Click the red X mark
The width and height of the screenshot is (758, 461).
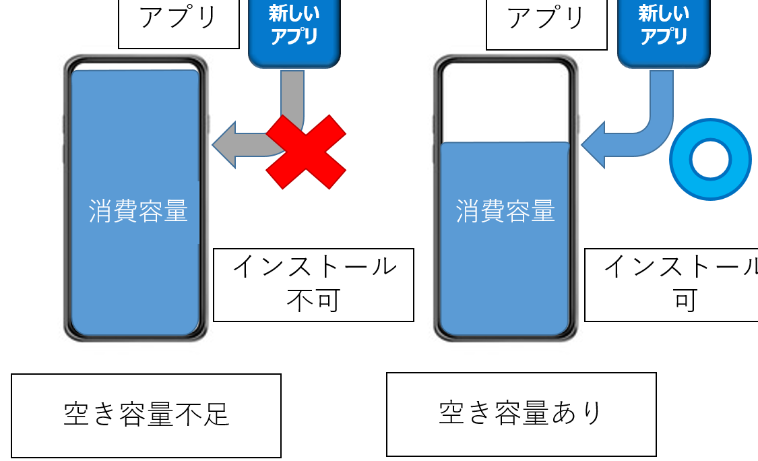(x=306, y=152)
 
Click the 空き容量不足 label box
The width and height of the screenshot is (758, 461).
(x=146, y=415)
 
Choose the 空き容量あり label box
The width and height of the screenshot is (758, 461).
(x=521, y=414)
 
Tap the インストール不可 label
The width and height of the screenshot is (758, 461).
(x=313, y=284)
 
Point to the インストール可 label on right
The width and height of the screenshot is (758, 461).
(x=674, y=284)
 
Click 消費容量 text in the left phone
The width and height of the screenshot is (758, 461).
(x=138, y=212)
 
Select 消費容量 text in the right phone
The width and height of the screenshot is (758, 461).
(x=505, y=212)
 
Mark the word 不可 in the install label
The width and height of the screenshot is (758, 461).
(x=313, y=301)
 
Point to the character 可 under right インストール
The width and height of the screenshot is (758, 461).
(x=685, y=301)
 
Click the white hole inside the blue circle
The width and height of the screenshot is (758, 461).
(x=710, y=160)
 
